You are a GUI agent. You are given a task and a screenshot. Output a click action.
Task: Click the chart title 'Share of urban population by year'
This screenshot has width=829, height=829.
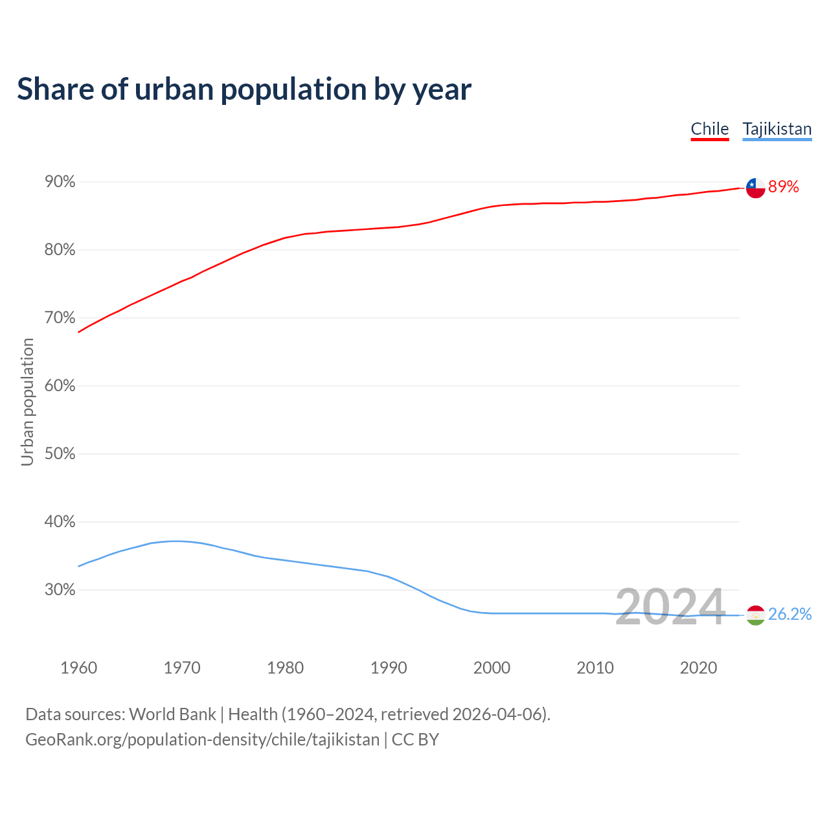point(244,89)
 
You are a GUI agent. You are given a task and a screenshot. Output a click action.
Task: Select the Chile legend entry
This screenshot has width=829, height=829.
point(710,129)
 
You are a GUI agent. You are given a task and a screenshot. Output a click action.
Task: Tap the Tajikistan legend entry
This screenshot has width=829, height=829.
point(777,129)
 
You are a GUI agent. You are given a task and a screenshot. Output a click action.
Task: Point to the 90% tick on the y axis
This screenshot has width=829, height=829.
point(60,182)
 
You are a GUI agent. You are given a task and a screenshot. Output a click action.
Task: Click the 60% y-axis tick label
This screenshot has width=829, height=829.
point(60,386)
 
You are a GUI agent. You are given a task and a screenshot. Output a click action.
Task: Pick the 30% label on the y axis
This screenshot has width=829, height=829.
point(60,590)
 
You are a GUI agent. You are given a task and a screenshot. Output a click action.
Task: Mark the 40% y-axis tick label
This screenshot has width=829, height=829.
point(60,522)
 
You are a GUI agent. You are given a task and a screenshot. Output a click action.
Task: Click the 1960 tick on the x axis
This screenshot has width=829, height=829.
point(79,668)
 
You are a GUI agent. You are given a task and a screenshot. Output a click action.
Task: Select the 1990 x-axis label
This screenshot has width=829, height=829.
point(389,668)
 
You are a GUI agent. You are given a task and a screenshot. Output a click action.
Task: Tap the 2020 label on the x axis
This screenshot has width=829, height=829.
point(698,668)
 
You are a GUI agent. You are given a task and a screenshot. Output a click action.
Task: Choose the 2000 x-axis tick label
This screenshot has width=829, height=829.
point(492,668)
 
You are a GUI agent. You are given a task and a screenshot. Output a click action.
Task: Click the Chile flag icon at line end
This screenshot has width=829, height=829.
point(755,188)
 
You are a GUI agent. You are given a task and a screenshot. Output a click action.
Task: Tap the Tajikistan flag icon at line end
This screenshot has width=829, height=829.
point(755,615)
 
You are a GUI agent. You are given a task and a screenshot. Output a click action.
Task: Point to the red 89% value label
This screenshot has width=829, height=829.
point(784,187)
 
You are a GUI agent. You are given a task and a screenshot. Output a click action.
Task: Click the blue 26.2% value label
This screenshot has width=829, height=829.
point(790,615)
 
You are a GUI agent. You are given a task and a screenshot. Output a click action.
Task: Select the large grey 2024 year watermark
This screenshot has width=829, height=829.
point(670,608)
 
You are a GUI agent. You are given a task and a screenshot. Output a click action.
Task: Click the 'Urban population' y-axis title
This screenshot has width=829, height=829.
point(27,402)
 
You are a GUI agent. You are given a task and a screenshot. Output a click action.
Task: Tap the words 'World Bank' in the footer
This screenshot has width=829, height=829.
point(172,714)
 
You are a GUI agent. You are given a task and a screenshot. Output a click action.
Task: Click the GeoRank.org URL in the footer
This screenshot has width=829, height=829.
point(202,740)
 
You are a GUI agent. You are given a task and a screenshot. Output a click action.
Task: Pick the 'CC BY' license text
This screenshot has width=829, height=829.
point(415,740)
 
